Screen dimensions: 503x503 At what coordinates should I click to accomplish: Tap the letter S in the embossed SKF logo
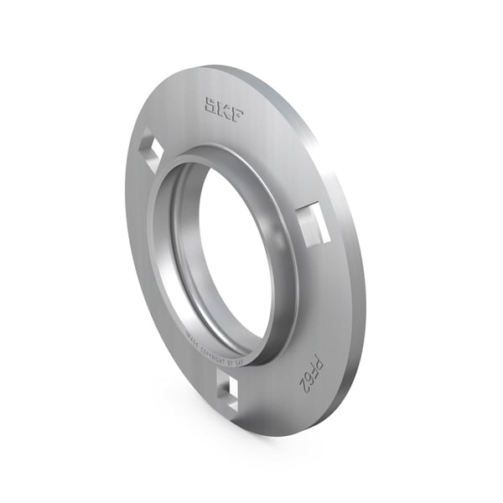pyautogui.click(x=209, y=105)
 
